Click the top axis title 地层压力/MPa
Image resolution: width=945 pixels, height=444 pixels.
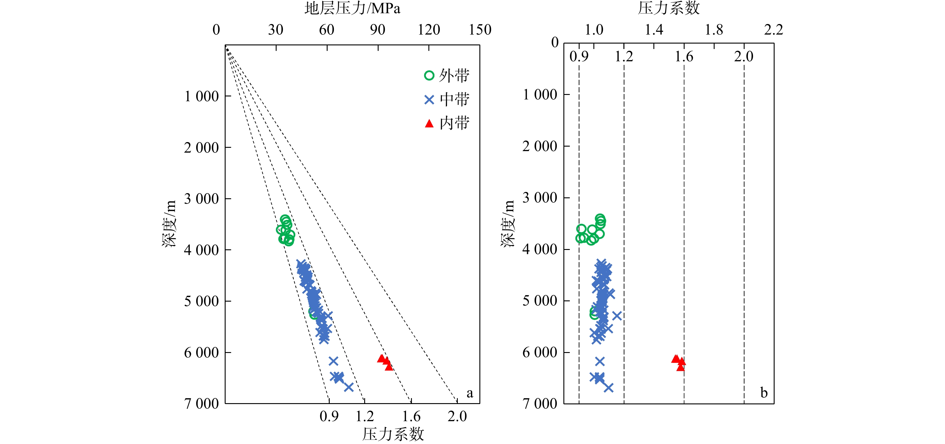coord(352,8)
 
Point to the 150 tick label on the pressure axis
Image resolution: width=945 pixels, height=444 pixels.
coord(480,30)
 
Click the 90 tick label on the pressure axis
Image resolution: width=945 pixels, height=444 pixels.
coord(377,30)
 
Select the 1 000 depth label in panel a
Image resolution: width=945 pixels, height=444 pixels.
coord(201,97)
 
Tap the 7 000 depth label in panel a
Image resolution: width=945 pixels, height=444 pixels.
coord(201,404)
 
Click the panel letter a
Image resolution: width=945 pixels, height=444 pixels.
coord(469,393)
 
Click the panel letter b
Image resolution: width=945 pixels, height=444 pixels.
coord(764,393)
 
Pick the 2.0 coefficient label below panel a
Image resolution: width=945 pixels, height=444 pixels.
coord(457,416)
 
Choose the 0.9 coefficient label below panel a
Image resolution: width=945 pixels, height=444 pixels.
coord(329,416)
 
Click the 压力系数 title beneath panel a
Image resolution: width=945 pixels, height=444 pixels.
coord(393,434)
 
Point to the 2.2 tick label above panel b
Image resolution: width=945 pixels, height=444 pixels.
coord(774,30)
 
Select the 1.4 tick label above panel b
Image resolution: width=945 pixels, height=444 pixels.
coord(654,30)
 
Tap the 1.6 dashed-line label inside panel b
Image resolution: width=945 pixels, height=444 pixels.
coord(684,56)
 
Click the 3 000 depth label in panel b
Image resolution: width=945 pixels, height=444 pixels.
coord(540,198)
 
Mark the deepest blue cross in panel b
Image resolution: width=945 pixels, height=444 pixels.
coord(608,388)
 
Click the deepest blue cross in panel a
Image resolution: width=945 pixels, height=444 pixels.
coord(349,387)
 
